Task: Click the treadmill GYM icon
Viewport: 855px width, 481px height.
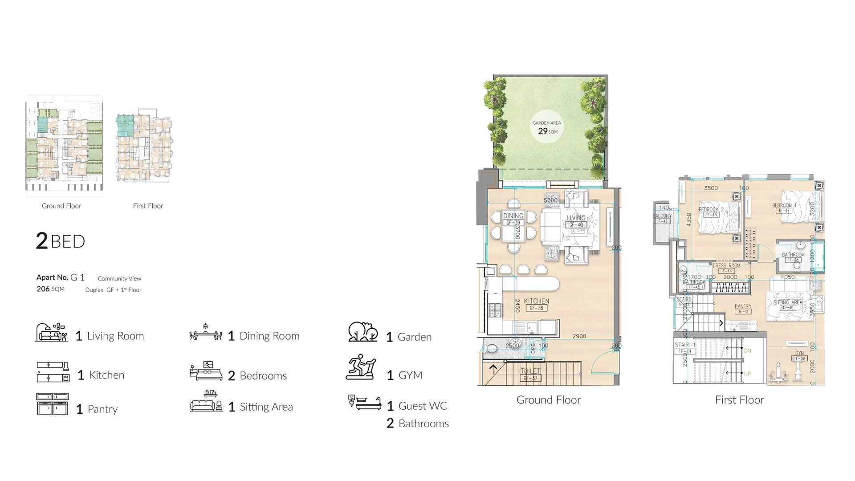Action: coord(361,367)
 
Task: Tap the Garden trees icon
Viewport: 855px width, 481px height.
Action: coord(363,332)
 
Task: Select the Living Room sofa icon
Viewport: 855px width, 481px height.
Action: coord(52,333)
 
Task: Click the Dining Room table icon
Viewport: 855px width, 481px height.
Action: coord(205,333)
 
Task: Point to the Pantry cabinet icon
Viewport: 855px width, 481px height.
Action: coord(53,404)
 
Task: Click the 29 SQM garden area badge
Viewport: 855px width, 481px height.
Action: coord(547,128)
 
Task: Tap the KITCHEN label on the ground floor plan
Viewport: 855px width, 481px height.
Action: coord(536,302)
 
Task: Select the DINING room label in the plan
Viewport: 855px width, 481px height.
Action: coord(513,216)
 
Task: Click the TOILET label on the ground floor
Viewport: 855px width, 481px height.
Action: coord(530,371)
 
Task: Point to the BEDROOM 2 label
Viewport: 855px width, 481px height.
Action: coord(711,210)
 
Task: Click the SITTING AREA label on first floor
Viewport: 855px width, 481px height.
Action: coord(787,302)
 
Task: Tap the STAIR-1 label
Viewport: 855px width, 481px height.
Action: coord(684,345)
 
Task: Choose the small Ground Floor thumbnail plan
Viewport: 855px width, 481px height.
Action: coord(64,146)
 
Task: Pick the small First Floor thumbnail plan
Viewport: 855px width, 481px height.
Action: coord(144,146)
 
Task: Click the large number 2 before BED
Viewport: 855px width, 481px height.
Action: coord(42,241)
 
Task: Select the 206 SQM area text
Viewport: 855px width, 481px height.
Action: coord(50,289)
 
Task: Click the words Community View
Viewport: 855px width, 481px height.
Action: coord(119,279)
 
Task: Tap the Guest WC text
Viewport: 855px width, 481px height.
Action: coord(423,406)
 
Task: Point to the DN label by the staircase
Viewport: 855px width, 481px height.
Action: coord(747,351)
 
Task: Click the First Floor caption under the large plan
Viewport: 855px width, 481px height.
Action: coord(739,400)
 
